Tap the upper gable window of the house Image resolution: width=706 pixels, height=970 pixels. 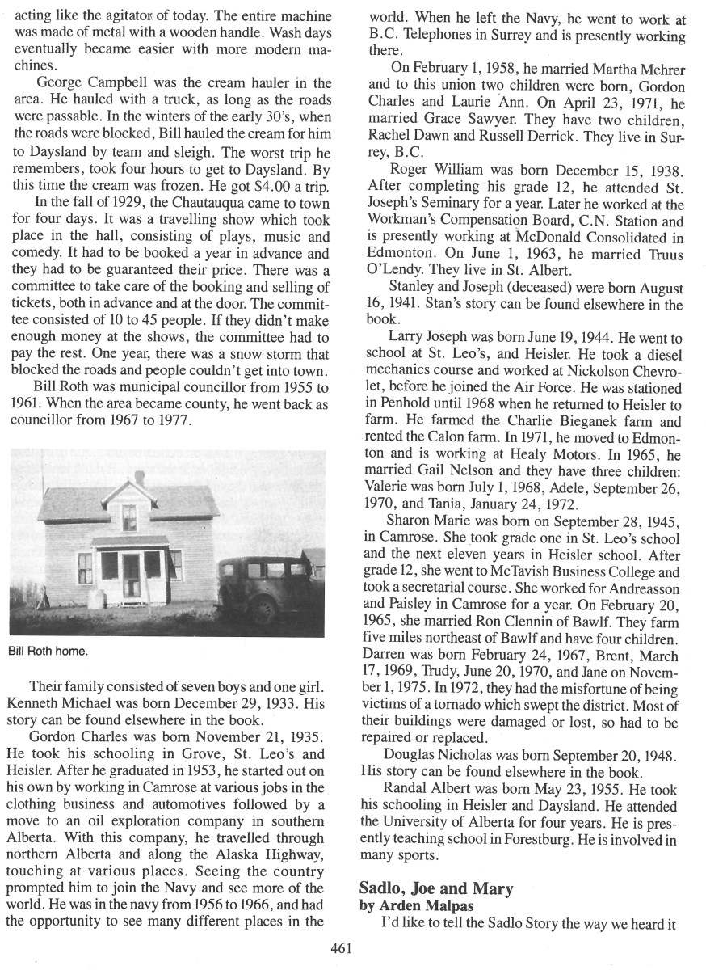[x=128, y=517]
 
